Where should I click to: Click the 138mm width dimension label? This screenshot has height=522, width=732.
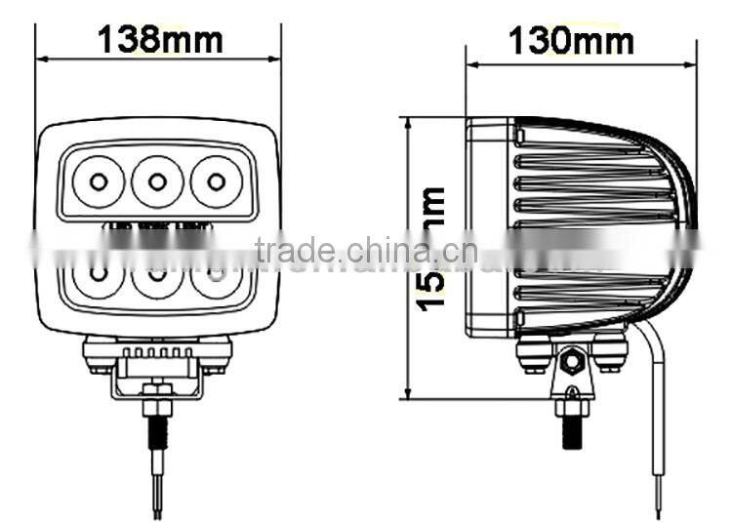coord(160,40)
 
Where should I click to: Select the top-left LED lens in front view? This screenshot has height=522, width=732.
coord(99,181)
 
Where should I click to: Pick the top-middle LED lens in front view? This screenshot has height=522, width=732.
coord(157,181)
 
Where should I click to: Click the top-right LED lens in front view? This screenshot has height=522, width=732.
coord(216,181)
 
